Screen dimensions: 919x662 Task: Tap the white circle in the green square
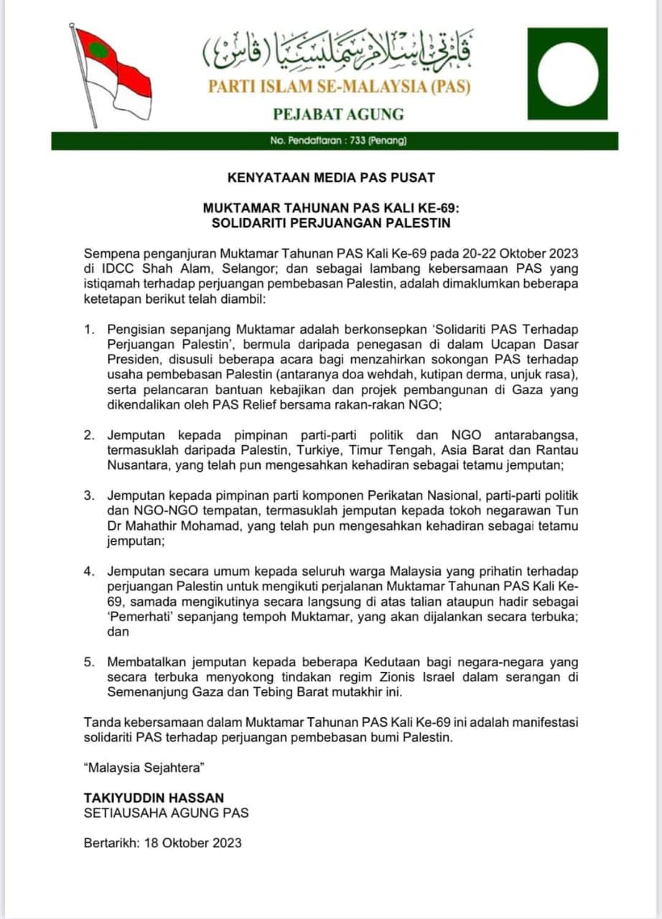click(x=567, y=73)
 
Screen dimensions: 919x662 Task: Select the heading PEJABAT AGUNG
click(x=338, y=113)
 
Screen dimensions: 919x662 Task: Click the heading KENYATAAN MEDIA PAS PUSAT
click(x=330, y=177)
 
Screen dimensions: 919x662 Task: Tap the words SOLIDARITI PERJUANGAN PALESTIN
click(x=330, y=223)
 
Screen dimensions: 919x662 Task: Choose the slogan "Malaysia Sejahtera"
click(x=144, y=768)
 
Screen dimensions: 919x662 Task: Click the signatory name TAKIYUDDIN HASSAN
click(x=154, y=798)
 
